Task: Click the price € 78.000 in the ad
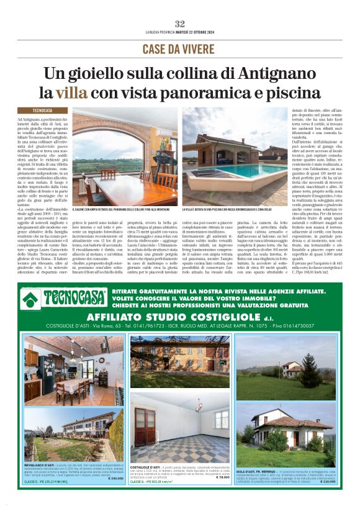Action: click(x=220, y=477)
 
